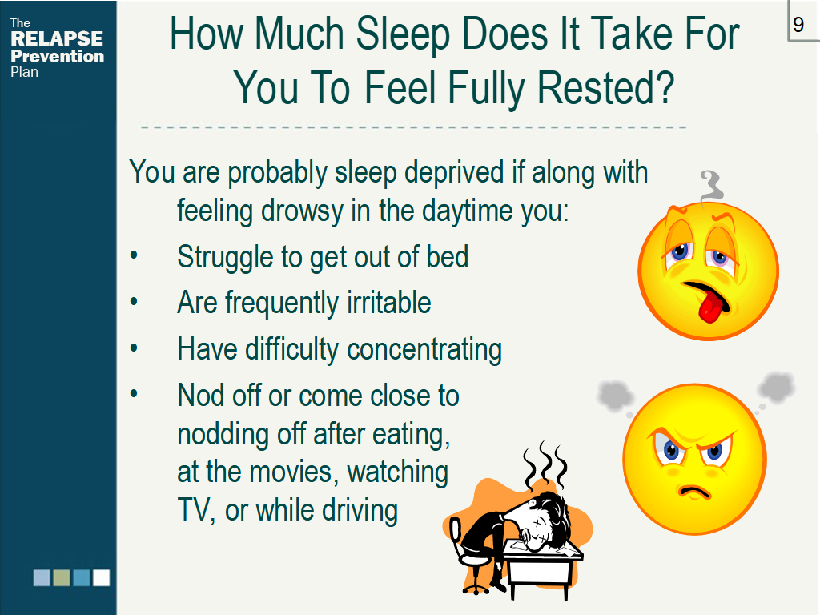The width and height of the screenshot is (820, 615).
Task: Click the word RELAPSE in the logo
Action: click(x=57, y=38)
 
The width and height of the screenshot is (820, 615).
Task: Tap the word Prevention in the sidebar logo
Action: click(x=58, y=56)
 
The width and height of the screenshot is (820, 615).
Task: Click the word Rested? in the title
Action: click(x=605, y=88)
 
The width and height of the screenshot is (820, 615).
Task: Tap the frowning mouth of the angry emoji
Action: click(x=694, y=492)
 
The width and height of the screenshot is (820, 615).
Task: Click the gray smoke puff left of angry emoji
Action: click(x=615, y=395)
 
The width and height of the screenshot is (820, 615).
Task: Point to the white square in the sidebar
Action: click(x=101, y=578)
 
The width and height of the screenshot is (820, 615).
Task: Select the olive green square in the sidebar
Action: click(x=61, y=578)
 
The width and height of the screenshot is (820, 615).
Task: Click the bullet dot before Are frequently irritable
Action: click(x=134, y=302)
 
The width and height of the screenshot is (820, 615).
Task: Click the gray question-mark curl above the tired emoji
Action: click(x=710, y=186)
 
